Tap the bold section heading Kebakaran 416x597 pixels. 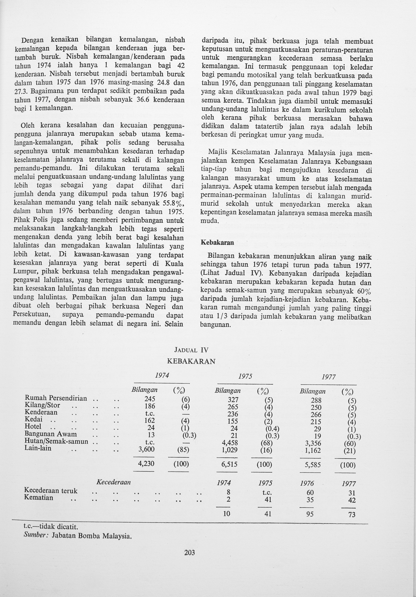click(x=217, y=242)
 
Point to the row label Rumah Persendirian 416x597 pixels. click(x=56, y=398)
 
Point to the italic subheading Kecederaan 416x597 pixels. click(x=113, y=482)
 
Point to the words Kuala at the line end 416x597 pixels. click(x=174, y=263)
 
